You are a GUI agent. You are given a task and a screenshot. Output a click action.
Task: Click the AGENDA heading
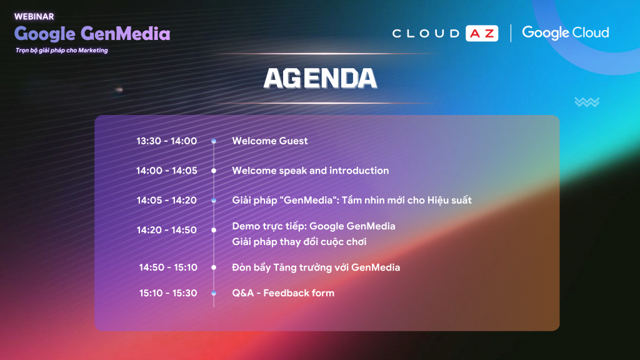click(320, 78)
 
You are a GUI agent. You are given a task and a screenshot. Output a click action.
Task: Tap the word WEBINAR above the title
click(34, 17)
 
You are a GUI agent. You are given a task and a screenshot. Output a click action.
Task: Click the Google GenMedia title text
click(92, 34)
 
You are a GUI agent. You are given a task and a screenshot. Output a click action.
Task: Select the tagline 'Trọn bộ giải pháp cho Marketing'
click(62, 50)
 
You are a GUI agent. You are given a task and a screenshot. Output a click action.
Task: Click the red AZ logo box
click(482, 33)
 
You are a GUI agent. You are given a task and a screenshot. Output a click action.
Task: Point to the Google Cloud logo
click(565, 32)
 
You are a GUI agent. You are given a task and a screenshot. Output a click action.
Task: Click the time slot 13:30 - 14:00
click(166, 141)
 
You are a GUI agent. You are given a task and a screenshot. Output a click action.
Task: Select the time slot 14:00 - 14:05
click(166, 171)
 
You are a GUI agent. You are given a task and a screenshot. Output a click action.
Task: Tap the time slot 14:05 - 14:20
click(166, 201)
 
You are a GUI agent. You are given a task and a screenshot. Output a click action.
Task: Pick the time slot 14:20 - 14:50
click(166, 230)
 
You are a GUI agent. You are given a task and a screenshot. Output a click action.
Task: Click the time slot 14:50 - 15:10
click(168, 267)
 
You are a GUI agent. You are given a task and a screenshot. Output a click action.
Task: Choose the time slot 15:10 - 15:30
click(168, 293)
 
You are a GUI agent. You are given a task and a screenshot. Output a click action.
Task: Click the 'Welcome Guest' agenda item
click(270, 141)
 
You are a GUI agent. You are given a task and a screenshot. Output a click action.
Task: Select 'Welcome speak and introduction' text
click(310, 171)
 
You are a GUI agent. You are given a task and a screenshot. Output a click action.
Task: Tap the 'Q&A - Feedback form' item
click(283, 293)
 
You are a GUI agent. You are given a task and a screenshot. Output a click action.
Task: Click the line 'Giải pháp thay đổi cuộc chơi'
click(299, 242)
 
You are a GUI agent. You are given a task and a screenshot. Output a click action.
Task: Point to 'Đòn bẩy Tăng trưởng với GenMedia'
click(316, 267)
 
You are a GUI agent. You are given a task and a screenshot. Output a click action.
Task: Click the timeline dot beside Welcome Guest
click(214, 141)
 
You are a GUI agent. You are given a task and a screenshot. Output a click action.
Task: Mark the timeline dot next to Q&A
click(214, 293)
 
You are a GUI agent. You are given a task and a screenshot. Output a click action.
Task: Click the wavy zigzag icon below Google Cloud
click(587, 102)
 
